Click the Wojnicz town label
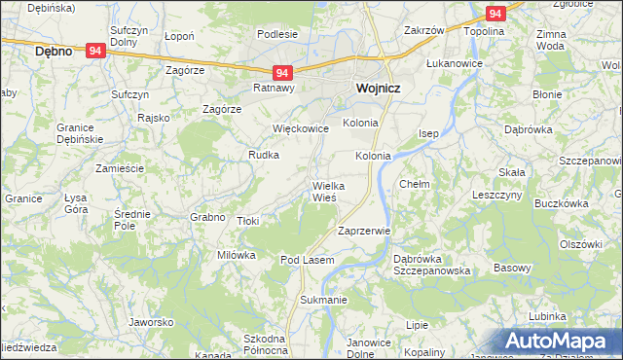372,87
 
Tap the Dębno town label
53,51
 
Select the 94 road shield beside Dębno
95,51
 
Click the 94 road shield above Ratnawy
281,73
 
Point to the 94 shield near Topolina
495,14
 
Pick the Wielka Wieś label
324,191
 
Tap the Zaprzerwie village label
363,232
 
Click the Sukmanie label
323,300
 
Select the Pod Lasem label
308,260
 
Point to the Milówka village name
236,255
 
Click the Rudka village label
264,155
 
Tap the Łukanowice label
454,61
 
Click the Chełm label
415,183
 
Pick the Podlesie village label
277,34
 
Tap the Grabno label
208,216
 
